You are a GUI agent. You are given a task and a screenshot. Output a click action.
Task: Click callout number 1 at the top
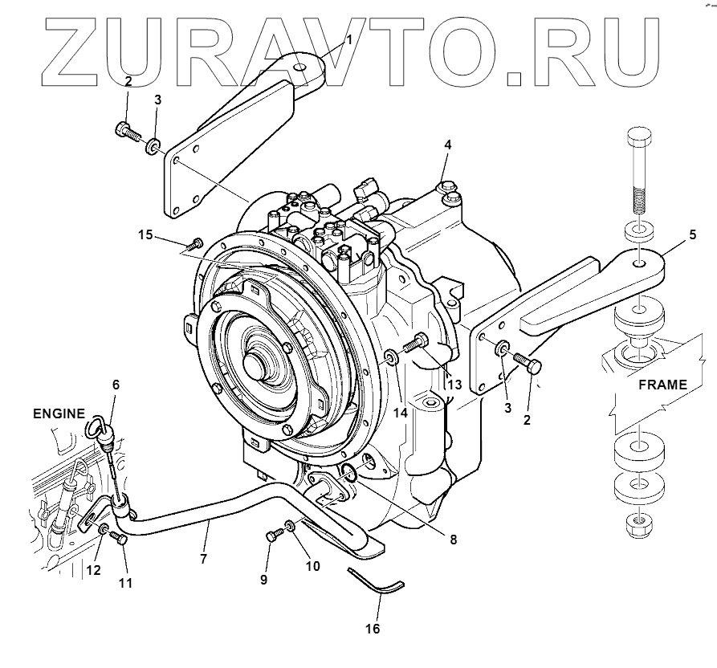(x=348, y=39)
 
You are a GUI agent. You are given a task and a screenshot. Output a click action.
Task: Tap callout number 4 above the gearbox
(x=448, y=145)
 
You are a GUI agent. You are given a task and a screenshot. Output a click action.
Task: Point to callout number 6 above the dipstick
(x=116, y=385)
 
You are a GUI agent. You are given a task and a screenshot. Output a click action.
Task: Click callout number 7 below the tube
(x=204, y=559)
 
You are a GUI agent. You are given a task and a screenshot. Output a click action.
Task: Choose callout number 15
(x=145, y=234)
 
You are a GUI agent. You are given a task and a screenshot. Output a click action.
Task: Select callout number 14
(x=401, y=413)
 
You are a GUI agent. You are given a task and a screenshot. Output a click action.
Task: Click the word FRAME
(x=662, y=385)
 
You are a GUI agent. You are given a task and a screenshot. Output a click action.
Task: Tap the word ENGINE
(x=58, y=414)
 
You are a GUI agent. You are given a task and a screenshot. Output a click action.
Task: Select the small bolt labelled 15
(x=194, y=243)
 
